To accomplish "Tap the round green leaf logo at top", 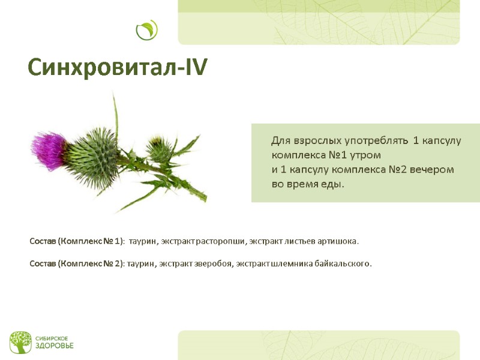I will (x=146, y=30).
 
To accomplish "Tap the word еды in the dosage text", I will (x=332, y=184).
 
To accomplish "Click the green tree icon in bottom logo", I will (x=20, y=342).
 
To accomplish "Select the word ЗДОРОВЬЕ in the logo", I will (x=54, y=346).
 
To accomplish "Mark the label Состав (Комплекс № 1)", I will (x=77, y=241).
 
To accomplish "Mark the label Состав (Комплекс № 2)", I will (x=77, y=263).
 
